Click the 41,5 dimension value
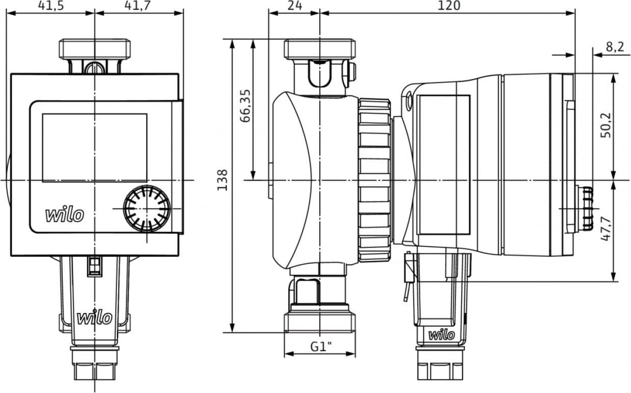(50, 6)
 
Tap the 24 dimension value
(294, 6)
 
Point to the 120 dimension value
(449, 6)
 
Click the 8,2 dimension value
(614, 47)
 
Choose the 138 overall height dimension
(223, 180)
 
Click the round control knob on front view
(147, 208)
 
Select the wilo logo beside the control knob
(65, 215)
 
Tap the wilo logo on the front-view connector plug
(94, 318)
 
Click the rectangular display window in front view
(94, 148)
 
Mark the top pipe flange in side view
(320, 49)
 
